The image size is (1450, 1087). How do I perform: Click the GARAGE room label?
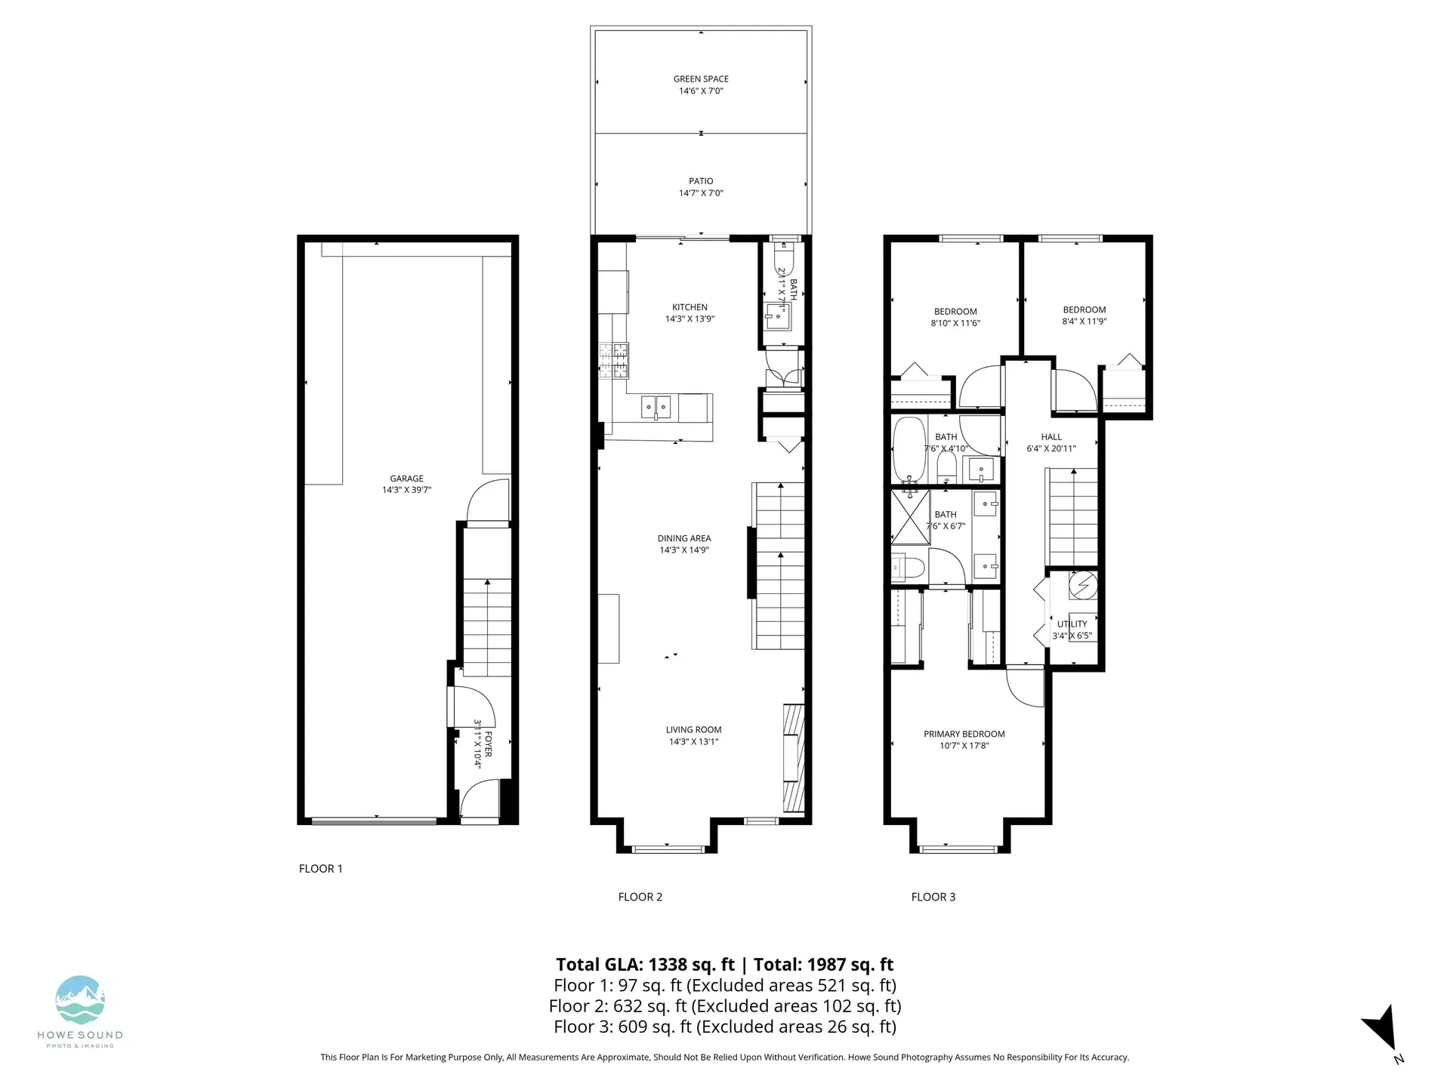coord(406,479)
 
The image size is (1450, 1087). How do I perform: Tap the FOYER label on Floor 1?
coord(488,744)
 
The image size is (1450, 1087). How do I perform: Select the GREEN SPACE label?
coord(701,79)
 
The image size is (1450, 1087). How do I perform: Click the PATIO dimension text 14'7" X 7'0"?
coord(701,193)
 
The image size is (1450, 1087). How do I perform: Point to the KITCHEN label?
coord(690,307)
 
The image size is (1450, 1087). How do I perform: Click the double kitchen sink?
coord(656,407)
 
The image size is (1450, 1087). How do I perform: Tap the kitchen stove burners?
coord(613,360)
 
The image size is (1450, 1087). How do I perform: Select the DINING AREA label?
coord(683,538)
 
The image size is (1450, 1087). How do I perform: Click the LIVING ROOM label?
coord(693,729)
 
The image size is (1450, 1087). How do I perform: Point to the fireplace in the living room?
coord(793,758)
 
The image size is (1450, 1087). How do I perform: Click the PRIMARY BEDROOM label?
coord(964,734)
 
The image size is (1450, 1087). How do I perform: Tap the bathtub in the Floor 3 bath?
coord(909,449)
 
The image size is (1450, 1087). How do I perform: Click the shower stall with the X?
coord(910,517)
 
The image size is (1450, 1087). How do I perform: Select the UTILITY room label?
coord(1072,624)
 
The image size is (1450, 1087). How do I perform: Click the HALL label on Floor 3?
coord(1051,437)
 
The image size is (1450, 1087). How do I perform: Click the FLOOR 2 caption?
coord(640,897)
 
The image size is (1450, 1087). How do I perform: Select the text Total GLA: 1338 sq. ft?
coord(645,965)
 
